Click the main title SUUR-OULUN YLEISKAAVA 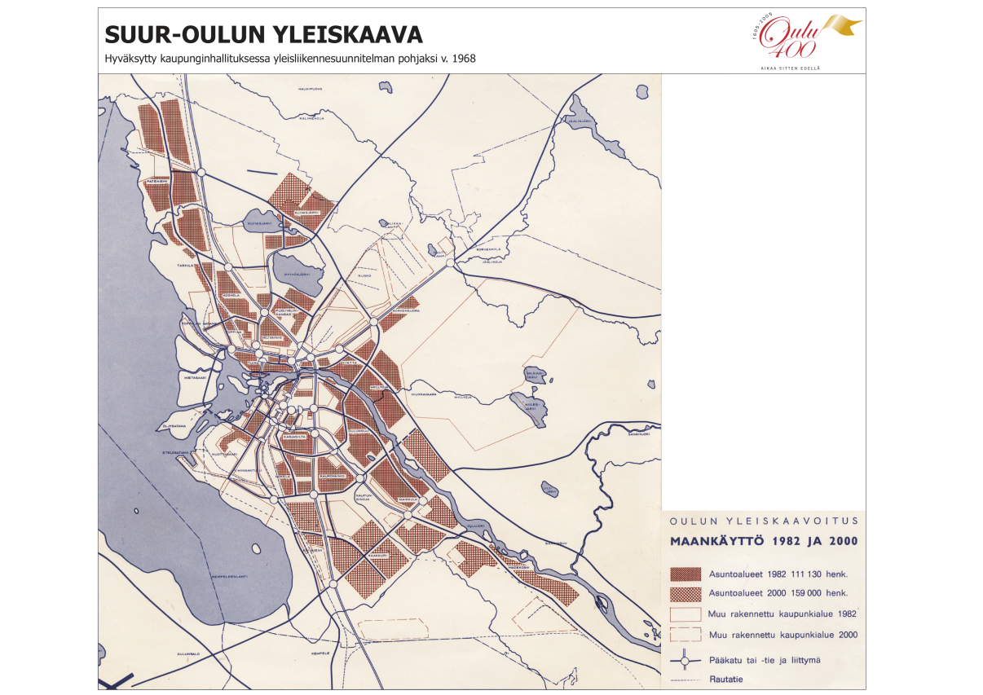[263, 35]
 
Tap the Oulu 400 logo [803, 39]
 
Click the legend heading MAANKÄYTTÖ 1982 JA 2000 [763, 541]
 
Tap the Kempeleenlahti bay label [228, 576]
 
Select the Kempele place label [319, 653]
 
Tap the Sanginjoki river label [638, 435]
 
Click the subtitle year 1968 [463, 59]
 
